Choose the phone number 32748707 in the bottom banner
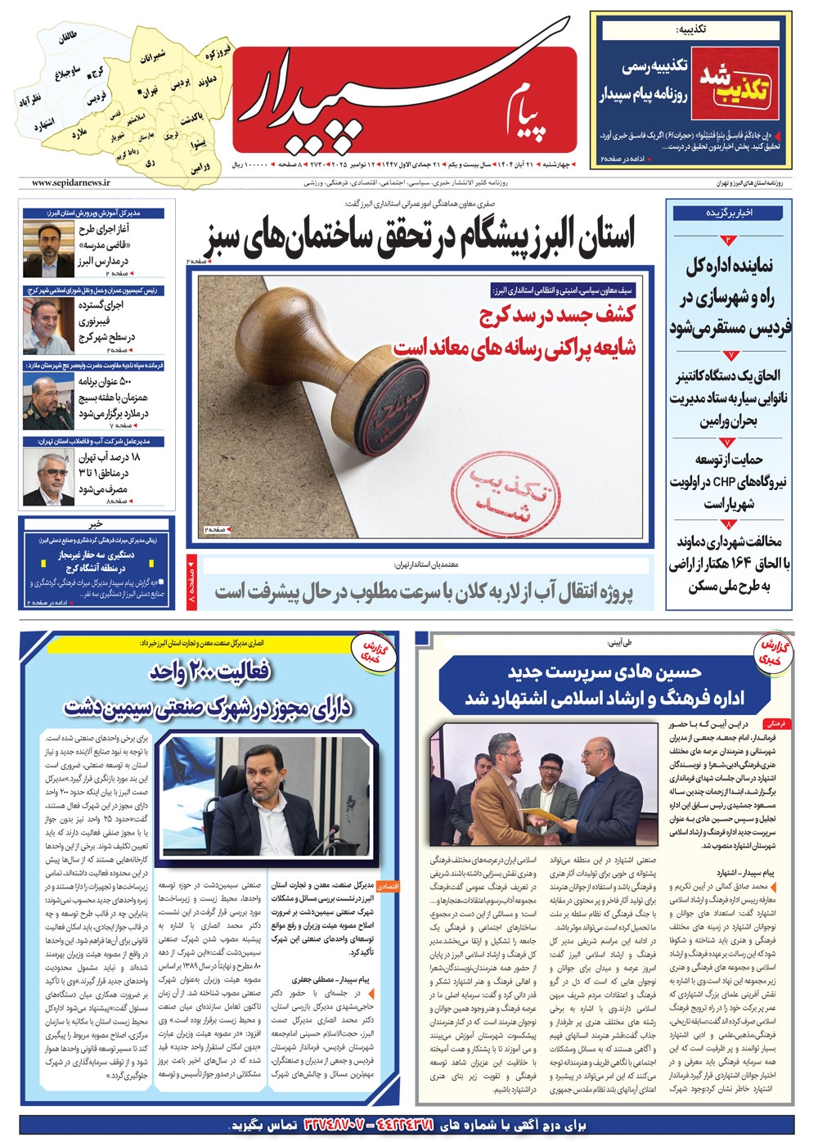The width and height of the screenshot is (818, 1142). coord(344,1125)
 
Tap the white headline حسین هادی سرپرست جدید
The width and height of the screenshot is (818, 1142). coord(605,672)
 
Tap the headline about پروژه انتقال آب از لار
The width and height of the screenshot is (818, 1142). coord(424,591)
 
